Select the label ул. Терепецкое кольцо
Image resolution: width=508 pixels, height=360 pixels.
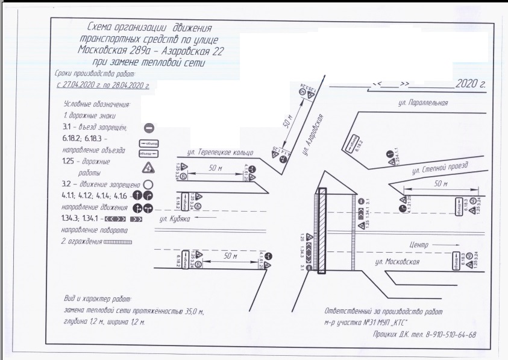[x=220, y=152]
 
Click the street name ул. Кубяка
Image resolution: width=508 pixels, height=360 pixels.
[x=189, y=219]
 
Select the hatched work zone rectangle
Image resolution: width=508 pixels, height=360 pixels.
[x=322, y=232]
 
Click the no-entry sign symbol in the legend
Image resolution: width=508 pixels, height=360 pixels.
[x=150, y=127]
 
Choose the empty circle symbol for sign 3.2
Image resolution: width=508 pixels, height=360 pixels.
[x=148, y=185]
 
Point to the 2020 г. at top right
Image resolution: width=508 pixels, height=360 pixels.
[x=470, y=83]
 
